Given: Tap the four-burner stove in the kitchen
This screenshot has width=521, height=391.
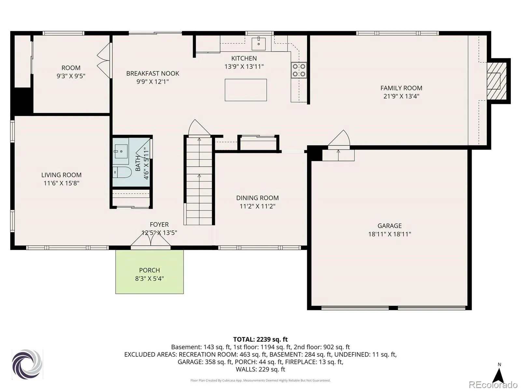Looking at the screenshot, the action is pyautogui.click(x=299, y=70).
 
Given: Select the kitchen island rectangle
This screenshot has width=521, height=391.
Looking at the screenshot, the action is pyautogui.click(x=246, y=90).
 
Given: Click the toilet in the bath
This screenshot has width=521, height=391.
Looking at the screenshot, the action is pyautogui.click(x=122, y=172).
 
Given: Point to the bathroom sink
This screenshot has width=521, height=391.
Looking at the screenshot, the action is pyautogui.click(x=121, y=151).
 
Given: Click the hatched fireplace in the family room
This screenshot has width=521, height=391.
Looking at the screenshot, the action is pyautogui.click(x=496, y=81).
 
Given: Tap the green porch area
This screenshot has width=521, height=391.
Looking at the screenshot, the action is pyautogui.click(x=149, y=272).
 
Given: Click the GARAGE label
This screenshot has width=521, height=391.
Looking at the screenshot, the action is pyautogui.click(x=389, y=225).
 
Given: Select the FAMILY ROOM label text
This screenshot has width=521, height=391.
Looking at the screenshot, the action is pyautogui.click(x=401, y=88).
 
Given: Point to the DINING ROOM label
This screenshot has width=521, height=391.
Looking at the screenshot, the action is pyautogui.click(x=257, y=198).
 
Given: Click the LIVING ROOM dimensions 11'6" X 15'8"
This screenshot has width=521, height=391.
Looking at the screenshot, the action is pyautogui.click(x=62, y=183).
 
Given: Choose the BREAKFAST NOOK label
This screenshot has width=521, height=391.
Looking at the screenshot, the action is pyautogui.click(x=153, y=73).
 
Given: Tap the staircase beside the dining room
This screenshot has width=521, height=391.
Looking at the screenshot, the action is pyautogui.click(x=199, y=181).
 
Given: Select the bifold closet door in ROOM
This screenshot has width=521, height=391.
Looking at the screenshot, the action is pyautogui.click(x=104, y=61).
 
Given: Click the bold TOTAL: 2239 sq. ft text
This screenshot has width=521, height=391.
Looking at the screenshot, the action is pyautogui.click(x=260, y=339).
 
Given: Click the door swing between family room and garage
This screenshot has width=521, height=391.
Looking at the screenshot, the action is pyautogui.click(x=339, y=138).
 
